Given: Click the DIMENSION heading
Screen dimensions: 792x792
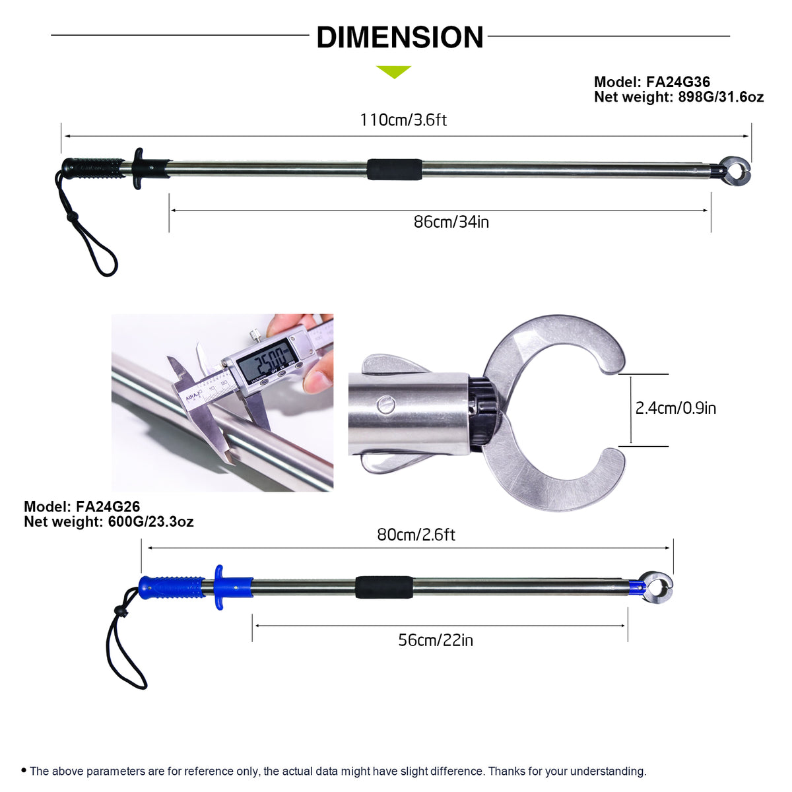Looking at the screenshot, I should [399, 38].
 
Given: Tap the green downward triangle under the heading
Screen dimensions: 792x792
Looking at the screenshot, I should [393, 71].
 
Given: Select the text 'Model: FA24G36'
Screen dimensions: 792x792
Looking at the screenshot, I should [651, 82].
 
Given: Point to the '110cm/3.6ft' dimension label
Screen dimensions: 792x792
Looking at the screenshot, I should [403, 120].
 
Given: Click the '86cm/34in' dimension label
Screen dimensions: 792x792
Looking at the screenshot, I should [451, 222].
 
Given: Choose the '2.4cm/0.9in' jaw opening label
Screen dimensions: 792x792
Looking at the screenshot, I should [675, 408].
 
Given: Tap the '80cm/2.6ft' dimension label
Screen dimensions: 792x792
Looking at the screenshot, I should [416, 534].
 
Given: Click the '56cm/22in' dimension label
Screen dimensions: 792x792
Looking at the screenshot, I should [435, 640].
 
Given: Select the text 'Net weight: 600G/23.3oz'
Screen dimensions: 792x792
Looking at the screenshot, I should [108, 521].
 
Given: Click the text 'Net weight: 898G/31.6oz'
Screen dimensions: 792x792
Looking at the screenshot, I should [678, 97].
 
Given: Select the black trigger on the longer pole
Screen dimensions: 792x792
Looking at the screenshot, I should [138, 168].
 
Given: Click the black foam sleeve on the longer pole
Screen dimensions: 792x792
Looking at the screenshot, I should [394, 170].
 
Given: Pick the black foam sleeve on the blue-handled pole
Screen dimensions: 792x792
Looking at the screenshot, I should [383, 587].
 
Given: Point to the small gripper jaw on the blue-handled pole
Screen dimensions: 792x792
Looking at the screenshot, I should [657, 586].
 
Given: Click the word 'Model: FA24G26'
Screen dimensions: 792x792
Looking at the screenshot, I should [82, 507].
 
